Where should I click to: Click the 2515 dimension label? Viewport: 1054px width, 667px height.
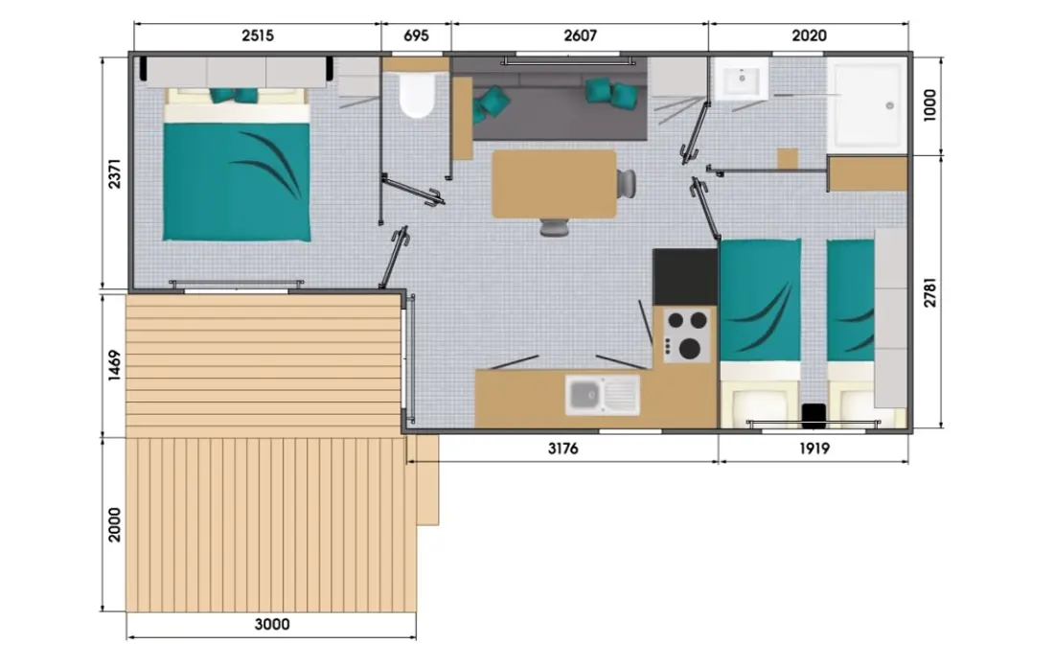click(258, 35)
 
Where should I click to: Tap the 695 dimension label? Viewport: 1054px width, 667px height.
click(416, 35)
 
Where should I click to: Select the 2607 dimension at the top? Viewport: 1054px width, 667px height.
click(580, 35)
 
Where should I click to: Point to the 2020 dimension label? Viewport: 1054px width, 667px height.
click(809, 35)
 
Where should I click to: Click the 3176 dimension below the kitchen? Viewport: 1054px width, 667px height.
click(563, 448)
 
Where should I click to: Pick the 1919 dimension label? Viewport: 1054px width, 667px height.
click(814, 448)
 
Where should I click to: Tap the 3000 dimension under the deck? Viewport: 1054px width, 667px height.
click(272, 625)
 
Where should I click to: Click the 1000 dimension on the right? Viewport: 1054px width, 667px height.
click(929, 104)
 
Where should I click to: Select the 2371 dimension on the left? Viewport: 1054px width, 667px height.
click(115, 173)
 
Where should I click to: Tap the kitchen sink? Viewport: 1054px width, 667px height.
click(603, 395)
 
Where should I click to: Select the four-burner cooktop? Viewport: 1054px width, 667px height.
click(686, 334)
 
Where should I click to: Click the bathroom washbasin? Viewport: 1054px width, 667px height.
click(742, 78)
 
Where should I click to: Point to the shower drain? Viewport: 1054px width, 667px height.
click(889, 105)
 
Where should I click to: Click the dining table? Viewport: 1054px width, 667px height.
click(555, 184)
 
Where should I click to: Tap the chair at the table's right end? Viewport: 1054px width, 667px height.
click(627, 184)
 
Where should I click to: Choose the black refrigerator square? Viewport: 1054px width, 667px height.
click(685, 277)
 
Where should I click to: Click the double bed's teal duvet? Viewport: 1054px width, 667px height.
click(237, 181)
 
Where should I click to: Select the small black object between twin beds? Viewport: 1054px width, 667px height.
click(814, 415)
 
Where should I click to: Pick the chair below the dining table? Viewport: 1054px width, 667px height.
click(555, 227)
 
